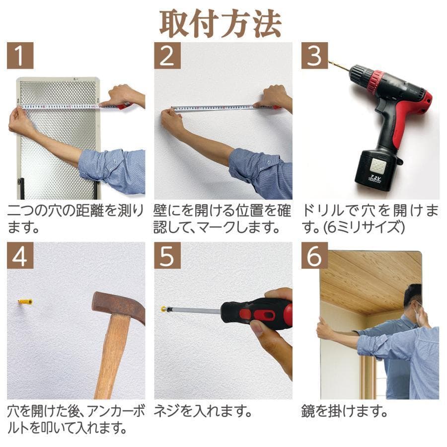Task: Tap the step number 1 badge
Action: [x=20, y=56]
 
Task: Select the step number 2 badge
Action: [x=167, y=56]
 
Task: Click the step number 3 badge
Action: [x=314, y=56]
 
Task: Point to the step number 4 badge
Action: [x=20, y=255]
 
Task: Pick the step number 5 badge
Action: [x=167, y=255]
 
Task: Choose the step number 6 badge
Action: [x=314, y=255]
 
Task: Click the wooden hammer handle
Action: [x=110, y=358]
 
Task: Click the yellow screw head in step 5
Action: [x=163, y=309]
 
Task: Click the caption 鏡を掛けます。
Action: [x=344, y=412]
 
